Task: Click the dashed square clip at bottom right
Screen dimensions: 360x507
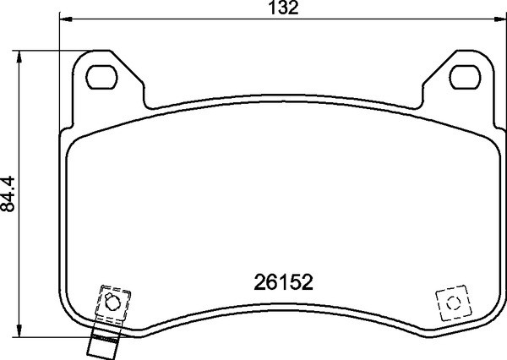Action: click(x=450, y=303)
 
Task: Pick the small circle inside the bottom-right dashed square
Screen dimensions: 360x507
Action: click(x=450, y=303)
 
